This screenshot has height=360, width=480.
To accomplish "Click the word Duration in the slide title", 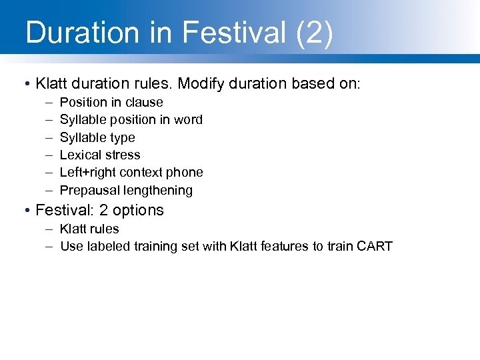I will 82,33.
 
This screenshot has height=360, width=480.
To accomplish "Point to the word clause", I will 143,102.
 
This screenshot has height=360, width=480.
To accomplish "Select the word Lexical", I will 79,155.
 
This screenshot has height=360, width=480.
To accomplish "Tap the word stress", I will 121,155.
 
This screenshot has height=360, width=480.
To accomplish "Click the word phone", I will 185,172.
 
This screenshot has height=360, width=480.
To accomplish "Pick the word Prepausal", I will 88,190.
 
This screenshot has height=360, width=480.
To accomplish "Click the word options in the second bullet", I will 137,210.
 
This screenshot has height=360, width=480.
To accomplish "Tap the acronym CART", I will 373,246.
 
